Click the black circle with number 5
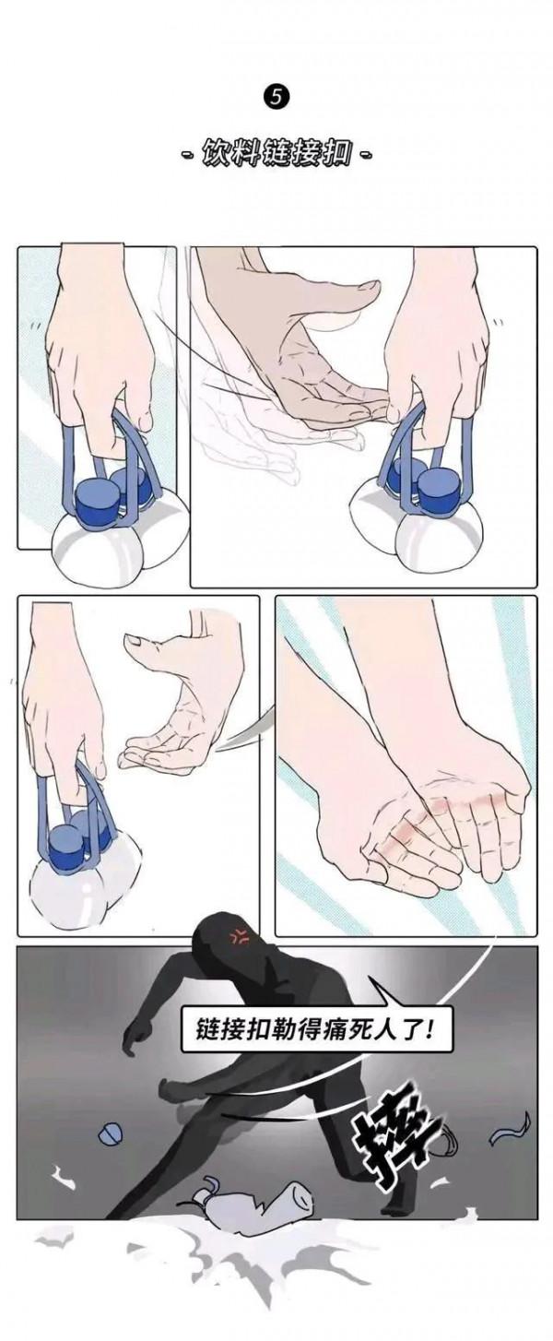276,98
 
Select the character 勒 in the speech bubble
277,1028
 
